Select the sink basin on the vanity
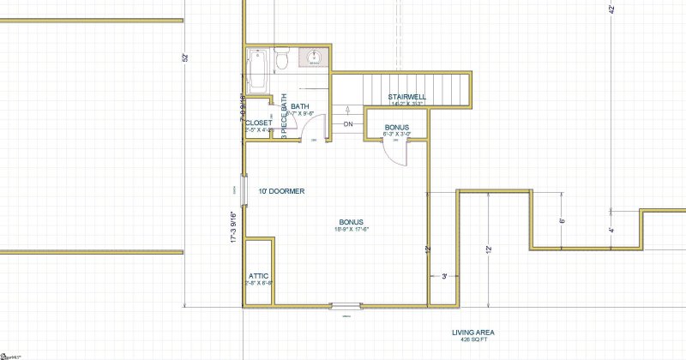point(314,58)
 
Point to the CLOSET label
point(258,123)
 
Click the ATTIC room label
point(259,276)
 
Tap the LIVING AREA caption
point(473,333)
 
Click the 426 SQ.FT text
point(473,340)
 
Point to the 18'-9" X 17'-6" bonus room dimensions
point(352,229)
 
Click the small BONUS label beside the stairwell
point(396,127)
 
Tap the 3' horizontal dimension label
point(443,276)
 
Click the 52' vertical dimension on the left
point(184,57)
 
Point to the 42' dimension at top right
point(611,10)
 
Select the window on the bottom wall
point(347,304)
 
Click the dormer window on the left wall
point(244,190)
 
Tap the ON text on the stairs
point(348,125)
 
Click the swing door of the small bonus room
point(393,153)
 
